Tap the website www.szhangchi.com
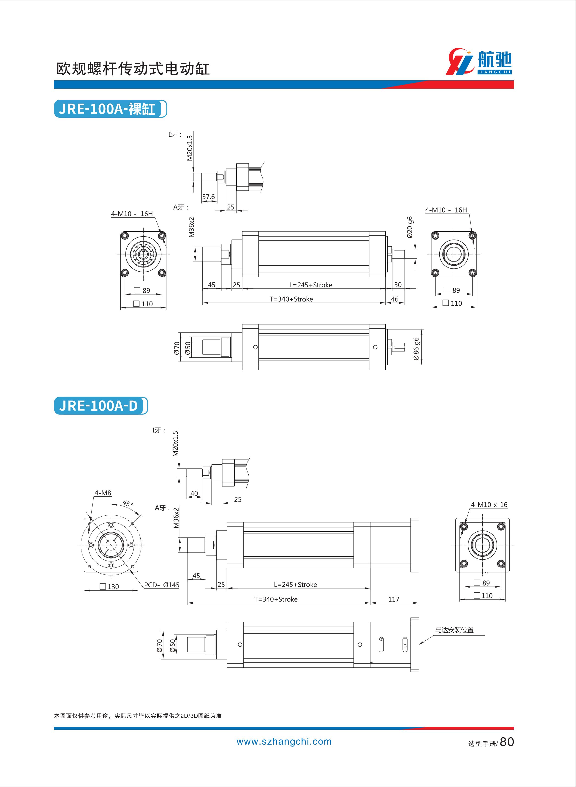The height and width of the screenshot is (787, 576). click(284, 741)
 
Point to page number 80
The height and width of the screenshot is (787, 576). click(507, 742)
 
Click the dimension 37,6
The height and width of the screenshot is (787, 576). click(209, 197)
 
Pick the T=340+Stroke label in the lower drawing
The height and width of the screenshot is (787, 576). click(276, 599)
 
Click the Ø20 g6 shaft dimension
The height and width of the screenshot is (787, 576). click(410, 227)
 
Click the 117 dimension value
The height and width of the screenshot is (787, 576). click(394, 599)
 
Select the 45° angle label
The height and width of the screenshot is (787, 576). click(128, 504)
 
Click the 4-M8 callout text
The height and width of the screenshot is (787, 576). click(103, 493)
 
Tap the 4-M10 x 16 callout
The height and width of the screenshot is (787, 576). click(489, 505)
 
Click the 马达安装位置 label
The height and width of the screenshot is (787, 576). click(454, 630)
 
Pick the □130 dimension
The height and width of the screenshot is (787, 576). click(109, 586)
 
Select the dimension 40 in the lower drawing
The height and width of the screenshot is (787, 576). click(194, 493)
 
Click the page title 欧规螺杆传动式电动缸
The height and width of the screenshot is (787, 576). click(133, 69)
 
